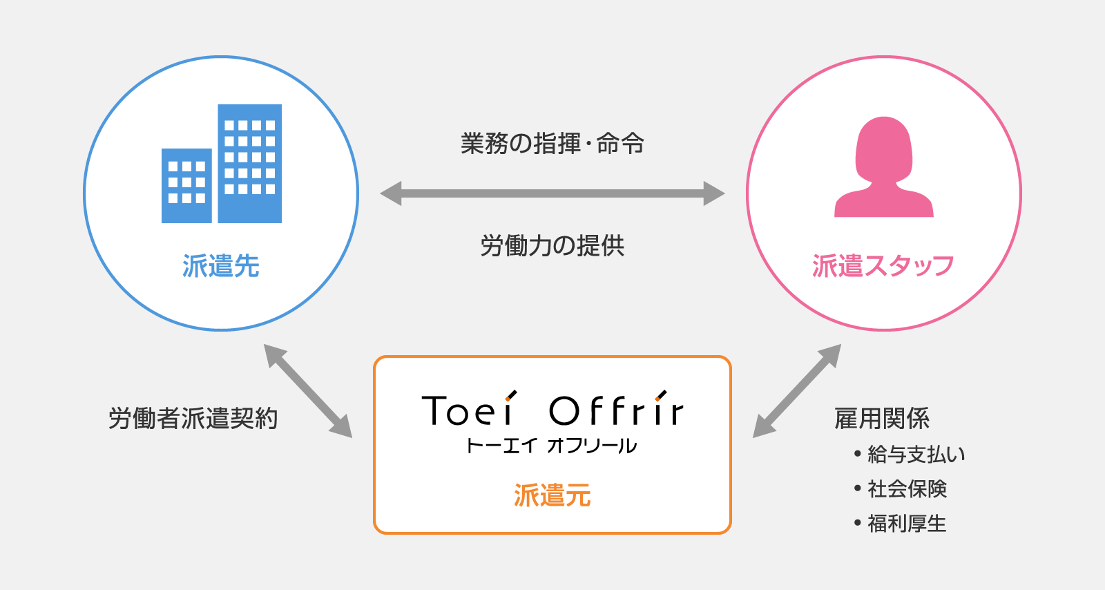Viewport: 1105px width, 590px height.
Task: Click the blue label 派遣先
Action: [x=221, y=266]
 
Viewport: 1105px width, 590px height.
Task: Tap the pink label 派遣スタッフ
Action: [x=883, y=266]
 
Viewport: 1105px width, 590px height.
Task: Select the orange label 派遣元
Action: [x=552, y=495]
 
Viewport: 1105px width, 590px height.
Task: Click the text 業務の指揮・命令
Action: [x=552, y=144]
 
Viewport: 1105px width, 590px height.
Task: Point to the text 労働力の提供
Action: [x=552, y=246]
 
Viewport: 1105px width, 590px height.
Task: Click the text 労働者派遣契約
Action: [x=193, y=419]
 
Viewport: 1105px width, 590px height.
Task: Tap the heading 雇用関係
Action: [x=882, y=419]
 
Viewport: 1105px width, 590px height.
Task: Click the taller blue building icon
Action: [x=249, y=163]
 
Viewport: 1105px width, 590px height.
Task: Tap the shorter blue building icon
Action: [x=186, y=185]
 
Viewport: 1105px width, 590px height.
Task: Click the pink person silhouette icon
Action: [x=883, y=166]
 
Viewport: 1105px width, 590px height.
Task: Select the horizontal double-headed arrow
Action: [x=552, y=193]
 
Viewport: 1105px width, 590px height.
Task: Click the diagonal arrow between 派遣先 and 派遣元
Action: [x=308, y=391]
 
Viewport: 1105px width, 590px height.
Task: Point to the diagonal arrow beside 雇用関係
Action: [x=797, y=391]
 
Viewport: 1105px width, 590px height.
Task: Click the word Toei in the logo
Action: [x=469, y=408]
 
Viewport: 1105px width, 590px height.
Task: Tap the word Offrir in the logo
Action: [x=617, y=408]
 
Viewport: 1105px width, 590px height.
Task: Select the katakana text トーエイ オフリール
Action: [x=552, y=446]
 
